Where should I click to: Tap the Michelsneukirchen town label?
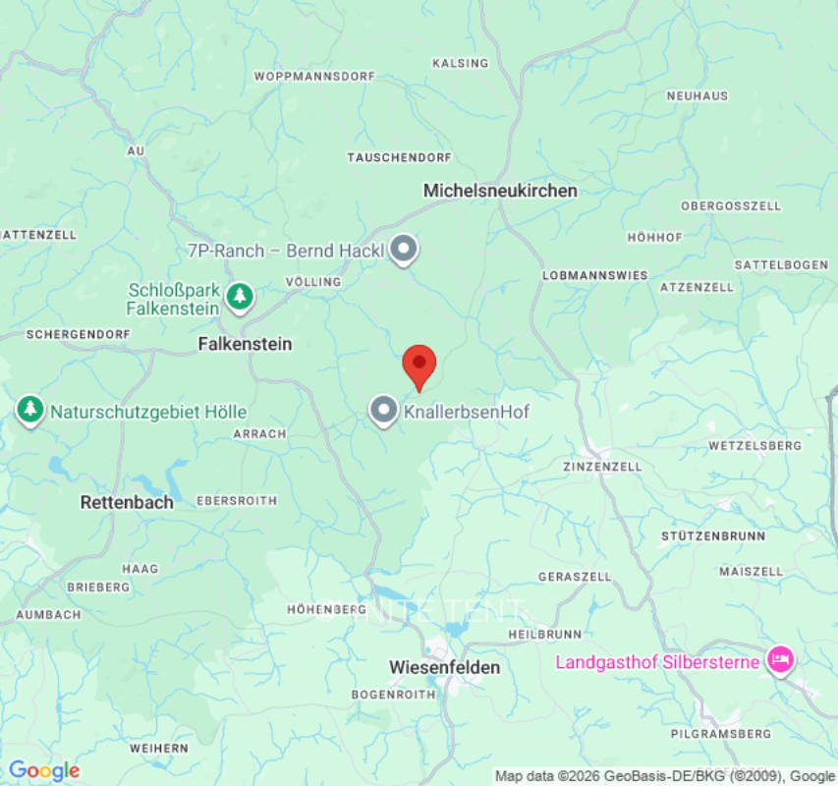500,191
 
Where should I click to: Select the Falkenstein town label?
245,344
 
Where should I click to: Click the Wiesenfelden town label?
444,667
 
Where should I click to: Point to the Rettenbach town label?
127,502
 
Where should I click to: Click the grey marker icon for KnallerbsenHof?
383,411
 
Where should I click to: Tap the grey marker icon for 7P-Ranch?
403,250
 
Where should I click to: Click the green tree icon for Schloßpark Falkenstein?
239,295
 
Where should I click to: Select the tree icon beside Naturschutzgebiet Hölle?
30,411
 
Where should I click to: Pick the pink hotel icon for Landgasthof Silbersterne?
780,660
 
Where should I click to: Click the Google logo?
43,771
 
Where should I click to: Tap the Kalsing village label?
460,64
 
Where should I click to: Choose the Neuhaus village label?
698,96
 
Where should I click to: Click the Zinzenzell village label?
602,467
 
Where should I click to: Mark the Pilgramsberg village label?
720,734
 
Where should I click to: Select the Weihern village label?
158,748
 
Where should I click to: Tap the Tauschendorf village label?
399,158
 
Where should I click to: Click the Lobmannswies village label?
595,276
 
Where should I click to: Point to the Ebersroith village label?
237,500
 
